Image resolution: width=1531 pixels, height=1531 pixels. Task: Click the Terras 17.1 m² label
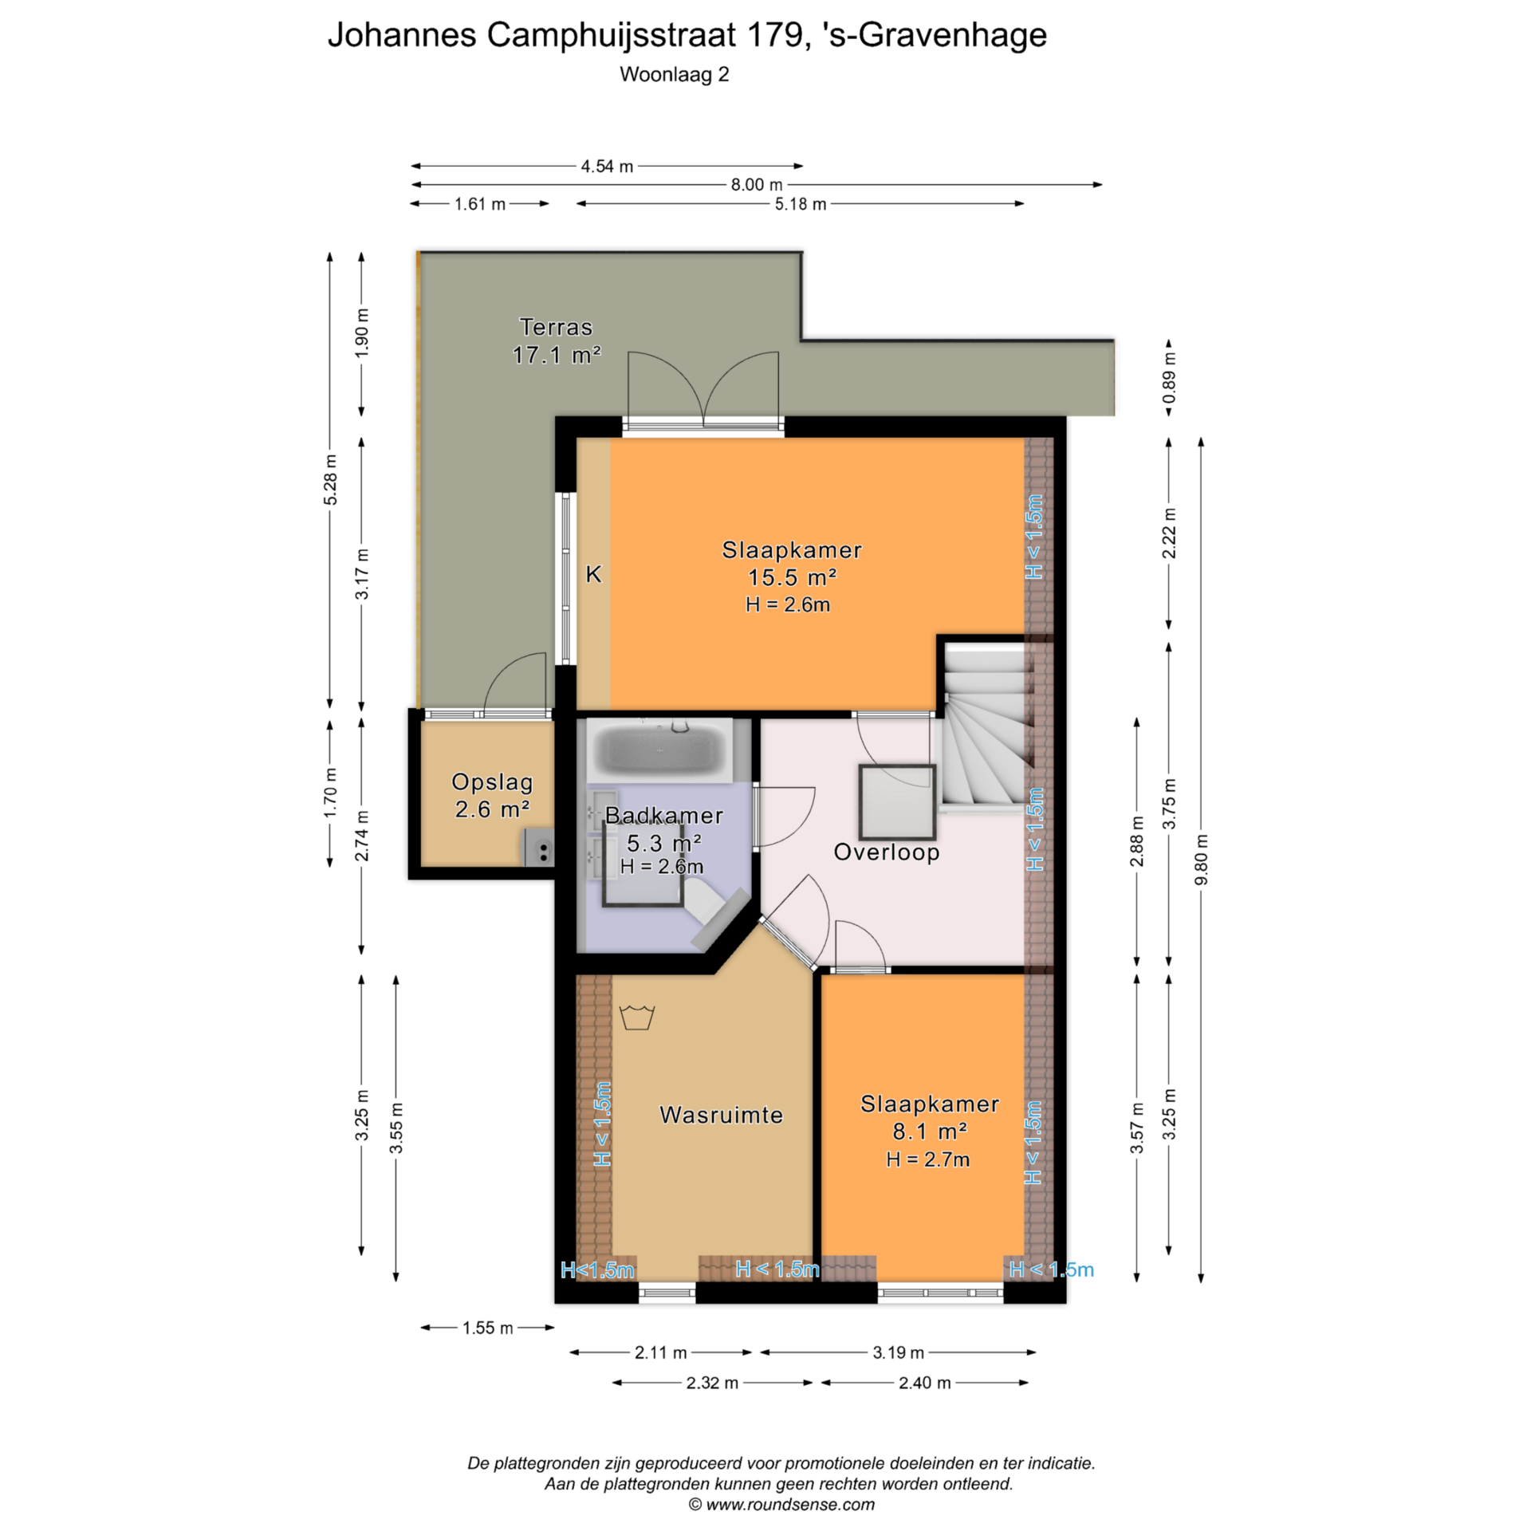tap(556, 340)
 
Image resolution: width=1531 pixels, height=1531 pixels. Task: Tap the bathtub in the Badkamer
tap(659, 750)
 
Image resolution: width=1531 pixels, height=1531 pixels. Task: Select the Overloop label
tap(886, 852)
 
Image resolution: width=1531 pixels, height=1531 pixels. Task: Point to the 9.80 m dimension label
tap(1201, 860)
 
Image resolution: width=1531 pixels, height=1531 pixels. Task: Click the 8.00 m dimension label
tap(757, 185)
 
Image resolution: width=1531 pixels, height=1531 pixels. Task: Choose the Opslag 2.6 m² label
tap(492, 796)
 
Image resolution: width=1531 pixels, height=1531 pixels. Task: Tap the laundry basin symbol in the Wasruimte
tap(637, 1017)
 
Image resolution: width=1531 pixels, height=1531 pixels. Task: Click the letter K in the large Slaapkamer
tap(594, 574)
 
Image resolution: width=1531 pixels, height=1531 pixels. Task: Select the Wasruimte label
tap(721, 1115)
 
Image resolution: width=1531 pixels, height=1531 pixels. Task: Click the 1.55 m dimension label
tap(488, 1328)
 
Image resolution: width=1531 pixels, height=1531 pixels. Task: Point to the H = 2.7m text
tap(928, 1159)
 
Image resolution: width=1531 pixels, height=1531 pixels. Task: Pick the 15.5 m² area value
tap(792, 577)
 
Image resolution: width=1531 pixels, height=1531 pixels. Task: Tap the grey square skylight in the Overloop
tap(897, 801)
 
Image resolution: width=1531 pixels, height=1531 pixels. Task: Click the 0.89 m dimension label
tap(1169, 378)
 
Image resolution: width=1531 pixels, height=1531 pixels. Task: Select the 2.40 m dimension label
tap(925, 1383)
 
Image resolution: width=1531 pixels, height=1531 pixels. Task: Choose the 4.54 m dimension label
tap(607, 167)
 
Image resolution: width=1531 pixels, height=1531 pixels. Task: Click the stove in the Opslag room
tap(538, 847)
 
